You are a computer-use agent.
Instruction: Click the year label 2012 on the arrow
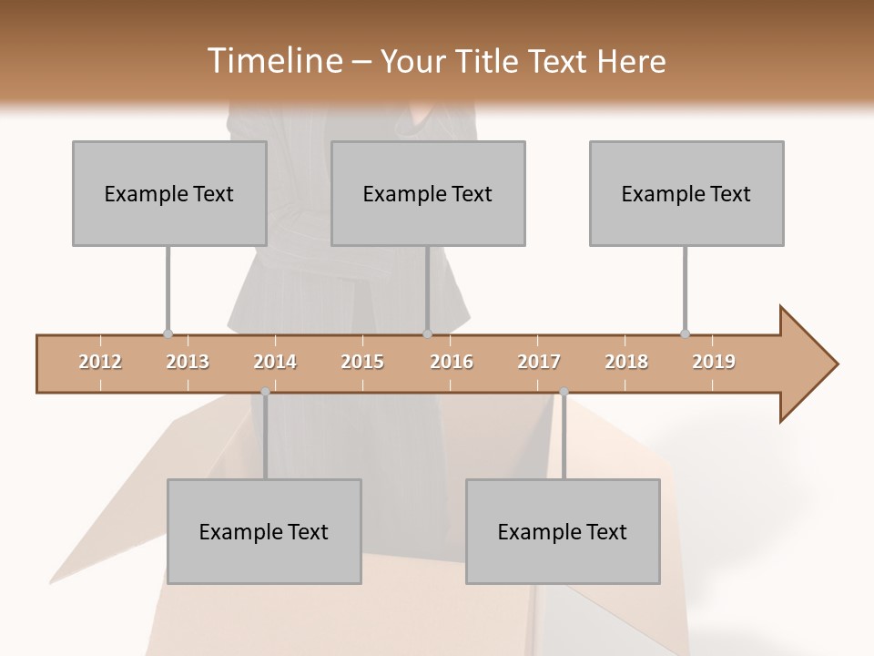(x=100, y=362)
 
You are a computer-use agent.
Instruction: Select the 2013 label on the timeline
(x=188, y=362)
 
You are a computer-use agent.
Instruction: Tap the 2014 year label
(x=275, y=362)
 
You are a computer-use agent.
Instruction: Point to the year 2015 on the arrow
(x=362, y=362)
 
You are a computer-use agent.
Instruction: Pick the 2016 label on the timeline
(x=452, y=362)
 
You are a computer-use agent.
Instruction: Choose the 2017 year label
(x=539, y=362)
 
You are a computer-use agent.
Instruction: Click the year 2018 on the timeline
(x=626, y=362)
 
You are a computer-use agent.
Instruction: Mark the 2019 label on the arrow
(x=714, y=362)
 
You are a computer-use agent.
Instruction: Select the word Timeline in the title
(x=273, y=61)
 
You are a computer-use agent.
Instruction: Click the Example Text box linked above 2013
(x=169, y=193)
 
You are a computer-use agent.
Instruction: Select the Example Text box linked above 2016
(x=428, y=193)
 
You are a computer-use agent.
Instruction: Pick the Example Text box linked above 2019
(x=686, y=193)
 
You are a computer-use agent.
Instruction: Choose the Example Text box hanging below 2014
(x=264, y=531)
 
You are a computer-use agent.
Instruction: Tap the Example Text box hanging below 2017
(x=563, y=531)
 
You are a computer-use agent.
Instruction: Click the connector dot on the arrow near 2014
(x=265, y=392)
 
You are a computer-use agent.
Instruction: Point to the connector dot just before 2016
(x=427, y=334)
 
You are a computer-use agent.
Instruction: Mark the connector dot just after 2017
(x=564, y=392)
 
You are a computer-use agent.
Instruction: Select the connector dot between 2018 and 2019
(x=685, y=334)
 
